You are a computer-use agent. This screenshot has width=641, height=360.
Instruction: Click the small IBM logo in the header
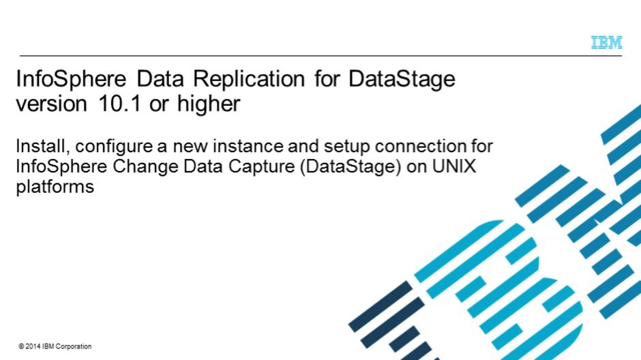[607, 42]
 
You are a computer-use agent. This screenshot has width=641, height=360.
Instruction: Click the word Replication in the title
[249, 79]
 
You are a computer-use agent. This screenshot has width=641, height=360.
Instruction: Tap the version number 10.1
[119, 104]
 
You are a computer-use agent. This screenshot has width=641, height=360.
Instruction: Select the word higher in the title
[209, 104]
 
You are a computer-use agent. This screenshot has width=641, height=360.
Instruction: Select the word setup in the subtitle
[347, 147]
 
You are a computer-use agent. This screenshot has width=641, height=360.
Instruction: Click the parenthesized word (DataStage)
[351, 168]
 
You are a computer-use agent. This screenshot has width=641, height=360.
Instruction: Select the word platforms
[55, 187]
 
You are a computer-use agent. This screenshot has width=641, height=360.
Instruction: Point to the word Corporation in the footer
[73, 346]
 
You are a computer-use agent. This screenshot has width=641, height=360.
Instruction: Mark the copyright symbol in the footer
[21, 346]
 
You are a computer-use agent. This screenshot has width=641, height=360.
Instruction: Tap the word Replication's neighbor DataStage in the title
[402, 80]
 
